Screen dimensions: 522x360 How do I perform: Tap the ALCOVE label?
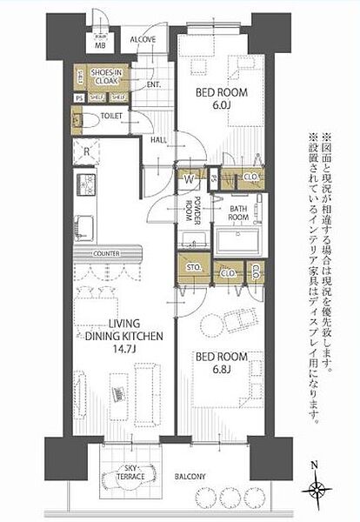(x=143, y=40)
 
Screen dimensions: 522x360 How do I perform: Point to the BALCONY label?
(x=192, y=477)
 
